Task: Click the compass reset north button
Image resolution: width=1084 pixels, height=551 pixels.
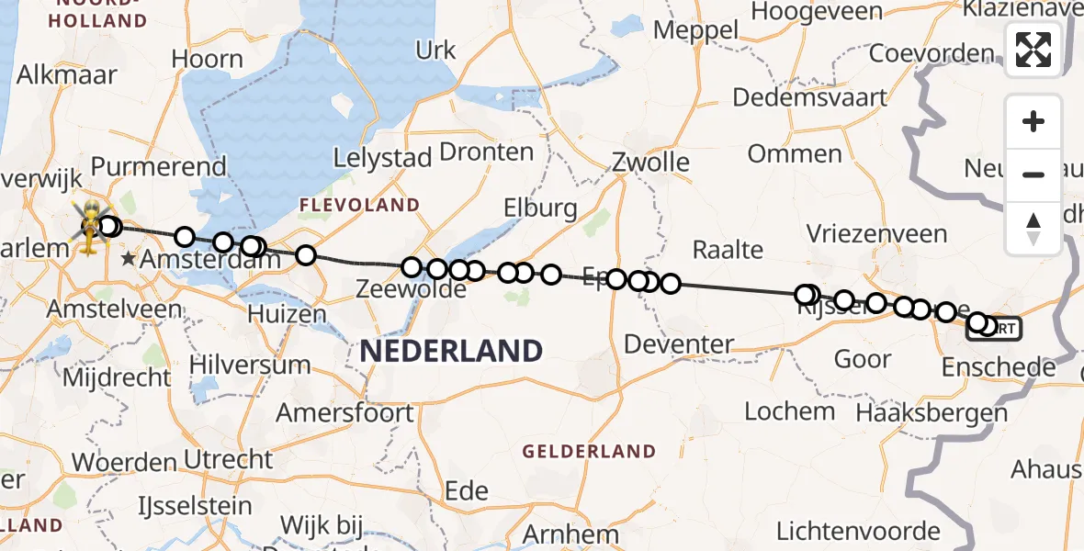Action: pyautogui.click(x=1033, y=227)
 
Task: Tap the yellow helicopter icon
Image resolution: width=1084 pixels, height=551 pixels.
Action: pyautogui.click(x=90, y=227)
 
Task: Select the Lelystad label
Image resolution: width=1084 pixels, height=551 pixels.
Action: pyautogui.click(x=382, y=158)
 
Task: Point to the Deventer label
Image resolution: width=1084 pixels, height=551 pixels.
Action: pyautogui.click(x=679, y=345)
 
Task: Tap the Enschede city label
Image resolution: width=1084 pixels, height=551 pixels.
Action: pyautogui.click(x=999, y=368)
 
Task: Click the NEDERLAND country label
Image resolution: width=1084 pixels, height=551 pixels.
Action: pyautogui.click(x=451, y=350)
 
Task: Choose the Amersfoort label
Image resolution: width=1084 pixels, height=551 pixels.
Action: pyautogui.click(x=345, y=413)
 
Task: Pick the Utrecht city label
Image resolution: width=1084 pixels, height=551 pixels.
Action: pyautogui.click(x=228, y=458)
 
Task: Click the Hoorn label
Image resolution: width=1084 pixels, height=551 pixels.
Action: pyautogui.click(x=207, y=59)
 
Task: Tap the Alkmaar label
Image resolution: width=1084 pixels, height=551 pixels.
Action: pyautogui.click(x=67, y=74)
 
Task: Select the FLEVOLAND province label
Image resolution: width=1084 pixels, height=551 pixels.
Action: pyautogui.click(x=365, y=205)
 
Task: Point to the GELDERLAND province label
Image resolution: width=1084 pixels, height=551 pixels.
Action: pyautogui.click(x=589, y=452)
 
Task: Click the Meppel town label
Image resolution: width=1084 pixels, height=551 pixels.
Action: pyautogui.click(x=695, y=30)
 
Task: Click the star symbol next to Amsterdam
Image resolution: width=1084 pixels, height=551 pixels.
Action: pyautogui.click(x=129, y=261)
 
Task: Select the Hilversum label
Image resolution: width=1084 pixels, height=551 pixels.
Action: pyautogui.click(x=250, y=365)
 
